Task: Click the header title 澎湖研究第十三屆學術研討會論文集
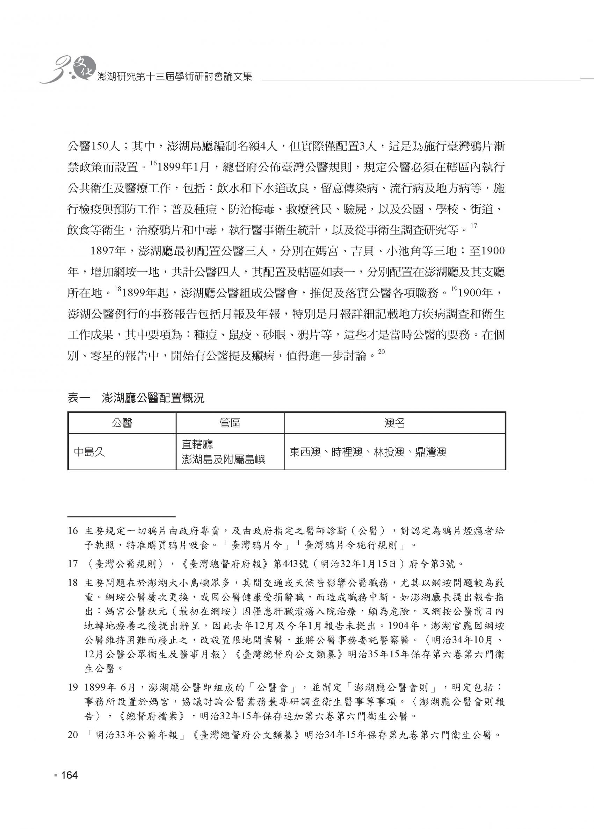[x=173, y=77]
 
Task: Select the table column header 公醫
[x=122, y=423]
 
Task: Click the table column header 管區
[x=230, y=423]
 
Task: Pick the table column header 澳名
[x=394, y=423]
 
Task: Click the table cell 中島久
[x=89, y=452]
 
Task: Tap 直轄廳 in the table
[x=197, y=444]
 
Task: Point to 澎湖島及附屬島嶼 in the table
[x=223, y=459]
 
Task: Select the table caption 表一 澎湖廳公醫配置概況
[x=136, y=398]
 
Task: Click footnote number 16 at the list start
[x=73, y=531]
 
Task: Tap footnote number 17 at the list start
[x=73, y=564]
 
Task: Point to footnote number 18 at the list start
[x=73, y=583]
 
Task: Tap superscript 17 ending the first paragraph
[x=474, y=226]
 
